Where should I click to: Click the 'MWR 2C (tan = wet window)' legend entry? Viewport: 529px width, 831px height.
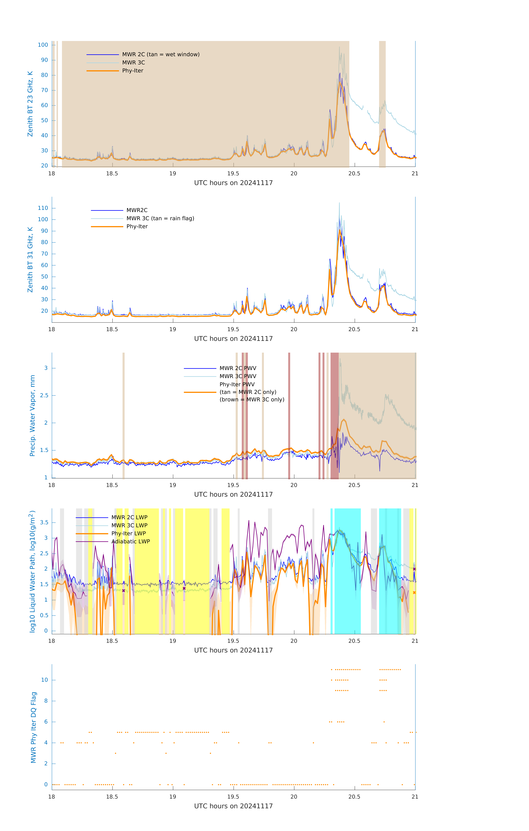point(161,55)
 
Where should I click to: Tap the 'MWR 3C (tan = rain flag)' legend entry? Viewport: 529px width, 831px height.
point(160,218)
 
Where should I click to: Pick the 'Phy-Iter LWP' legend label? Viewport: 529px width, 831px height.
point(128,534)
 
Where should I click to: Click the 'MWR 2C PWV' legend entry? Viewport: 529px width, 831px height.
point(238,368)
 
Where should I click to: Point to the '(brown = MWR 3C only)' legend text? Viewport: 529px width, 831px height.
point(252,400)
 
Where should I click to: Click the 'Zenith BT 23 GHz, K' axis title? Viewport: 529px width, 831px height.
point(30,104)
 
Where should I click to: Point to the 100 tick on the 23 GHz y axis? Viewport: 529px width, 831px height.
point(43,45)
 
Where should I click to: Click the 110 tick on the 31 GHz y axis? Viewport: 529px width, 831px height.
point(43,208)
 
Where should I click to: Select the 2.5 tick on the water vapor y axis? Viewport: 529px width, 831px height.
point(44,395)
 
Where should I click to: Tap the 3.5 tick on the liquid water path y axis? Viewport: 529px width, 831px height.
point(44,522)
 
